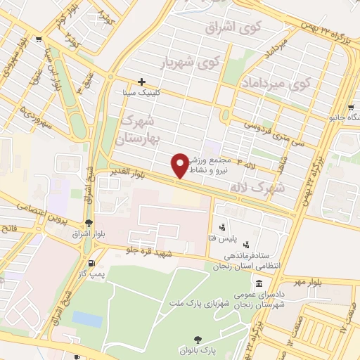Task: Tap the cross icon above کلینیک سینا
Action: pos(141,82)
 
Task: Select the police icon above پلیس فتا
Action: pos(223,227)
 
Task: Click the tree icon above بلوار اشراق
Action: pos(87,223)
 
